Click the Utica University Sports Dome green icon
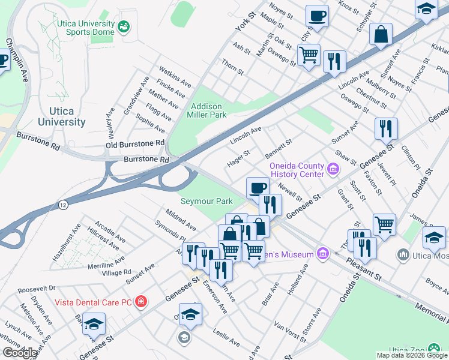[x=124, y=26]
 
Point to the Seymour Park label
[x=206, y=201]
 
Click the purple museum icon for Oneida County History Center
[x=334, y=170]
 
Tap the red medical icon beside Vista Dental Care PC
[x=140, y=301]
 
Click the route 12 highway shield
[x=63, y=205]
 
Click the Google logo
[x=20, y=352]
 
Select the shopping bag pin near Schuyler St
[x=381, y=35]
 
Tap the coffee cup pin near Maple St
[x=317, y=16]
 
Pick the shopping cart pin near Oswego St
[x=309, y=55]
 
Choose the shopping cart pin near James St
[x=384, y=225]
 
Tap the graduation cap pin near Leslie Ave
[x=190, y=314]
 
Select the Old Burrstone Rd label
[x=135, y=144]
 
